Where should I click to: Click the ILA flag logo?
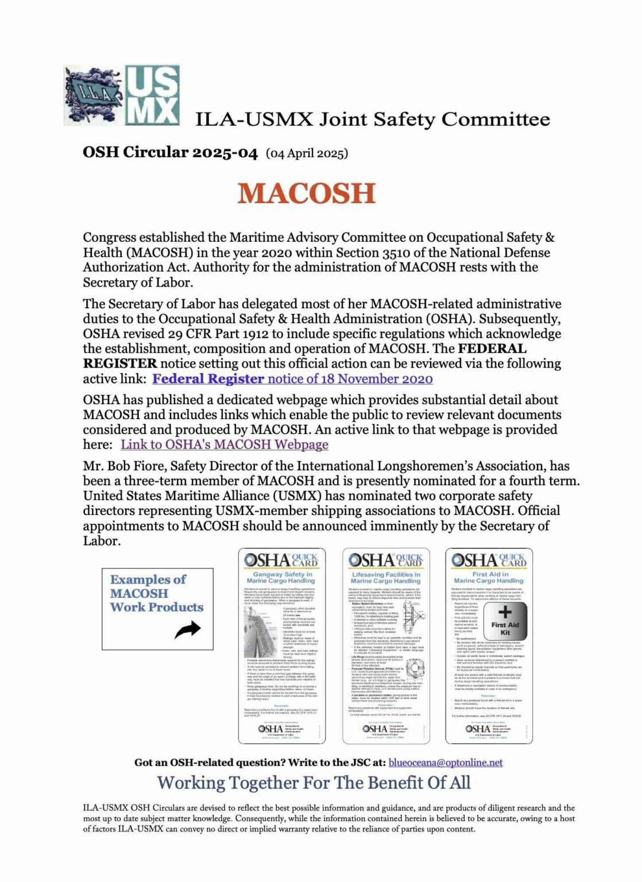click(x=94, y=96)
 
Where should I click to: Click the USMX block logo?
click(x=152, y=95)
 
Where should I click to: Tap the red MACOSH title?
click(x=306, y=193)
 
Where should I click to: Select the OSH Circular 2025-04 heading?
click(x=170, y=152)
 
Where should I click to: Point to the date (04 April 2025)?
click(x=307, y=153)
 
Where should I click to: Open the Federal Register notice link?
click(x=292, y=379)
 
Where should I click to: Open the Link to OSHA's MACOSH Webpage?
click(x=224, y=444)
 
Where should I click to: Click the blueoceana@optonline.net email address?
click(x=445, y=763)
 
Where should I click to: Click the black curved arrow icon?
click(x=187, y=630)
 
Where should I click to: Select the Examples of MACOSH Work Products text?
click(x=156, y=593)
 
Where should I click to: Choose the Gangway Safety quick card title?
click(x=282, y=577)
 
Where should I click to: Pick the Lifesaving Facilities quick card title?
click(x=385, y=577)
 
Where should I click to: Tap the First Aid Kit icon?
click(x=505, y=620)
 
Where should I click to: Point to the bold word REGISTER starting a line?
click(x=119, y=363)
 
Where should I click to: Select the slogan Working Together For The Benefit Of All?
click(x=314, y=783)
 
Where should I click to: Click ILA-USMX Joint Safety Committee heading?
click(x=372, y=119)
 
